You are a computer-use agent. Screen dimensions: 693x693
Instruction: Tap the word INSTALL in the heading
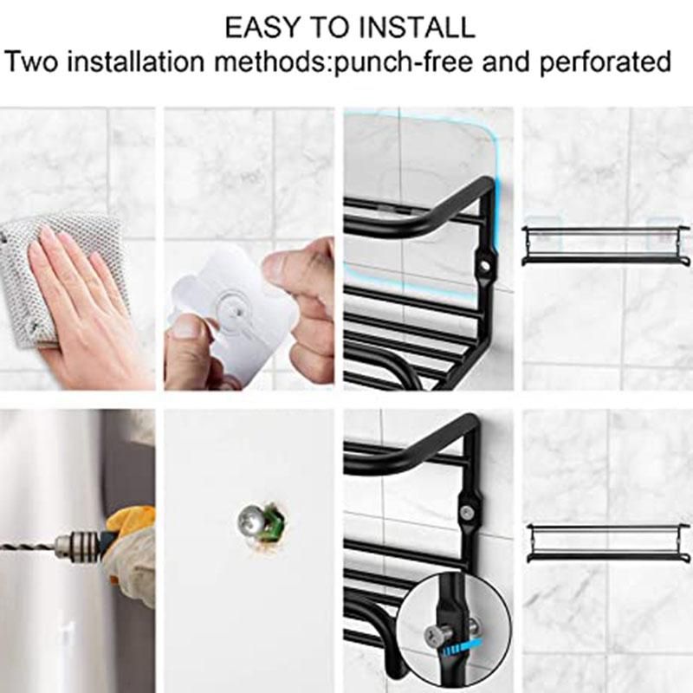coord(417,27)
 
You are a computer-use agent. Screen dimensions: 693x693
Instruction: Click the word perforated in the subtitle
coord(605,62)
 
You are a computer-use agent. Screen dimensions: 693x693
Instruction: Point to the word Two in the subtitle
coord(32,62)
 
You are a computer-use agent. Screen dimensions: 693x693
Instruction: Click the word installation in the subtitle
coord(136,62)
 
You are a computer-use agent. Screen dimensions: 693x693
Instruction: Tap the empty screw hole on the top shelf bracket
coord(485,266)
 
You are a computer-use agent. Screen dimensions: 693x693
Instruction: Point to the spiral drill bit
coord(28,545)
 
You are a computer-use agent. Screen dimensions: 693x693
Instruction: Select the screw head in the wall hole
coord(250,521)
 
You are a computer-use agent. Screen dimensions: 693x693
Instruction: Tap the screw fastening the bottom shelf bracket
coord(468,513)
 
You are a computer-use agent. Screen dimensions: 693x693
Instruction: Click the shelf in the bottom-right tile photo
coord(608,543)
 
